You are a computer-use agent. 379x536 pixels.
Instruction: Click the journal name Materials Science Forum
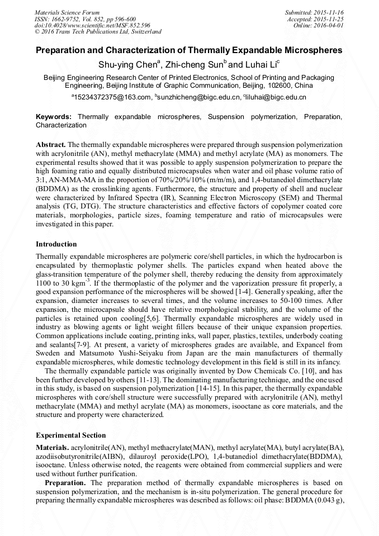coord(67,12)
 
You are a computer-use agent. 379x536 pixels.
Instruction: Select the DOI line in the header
coord(92,25)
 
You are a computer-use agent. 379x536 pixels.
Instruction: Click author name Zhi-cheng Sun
coord(193,65)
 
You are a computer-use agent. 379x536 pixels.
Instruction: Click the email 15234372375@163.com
coord(112,97)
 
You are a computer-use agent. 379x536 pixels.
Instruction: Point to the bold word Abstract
coord(50,144)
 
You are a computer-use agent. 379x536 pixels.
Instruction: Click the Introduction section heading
coord(56,244)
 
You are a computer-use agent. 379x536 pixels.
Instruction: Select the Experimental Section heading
coord(70,435)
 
